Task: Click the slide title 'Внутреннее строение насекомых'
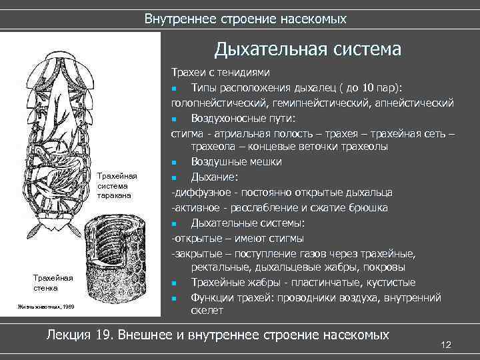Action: [245, 19]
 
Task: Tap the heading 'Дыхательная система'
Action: [307, 50]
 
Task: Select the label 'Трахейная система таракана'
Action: [117, 186]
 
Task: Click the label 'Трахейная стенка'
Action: [55, 283]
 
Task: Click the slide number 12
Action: [447, 344]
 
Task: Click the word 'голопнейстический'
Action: [217, 103]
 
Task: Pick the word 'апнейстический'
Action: [415, 103]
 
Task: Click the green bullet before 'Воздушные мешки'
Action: [174, 163]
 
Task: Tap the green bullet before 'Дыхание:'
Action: [174, 178]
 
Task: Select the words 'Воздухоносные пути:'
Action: [243, 118]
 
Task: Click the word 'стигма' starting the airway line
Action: [186, 133]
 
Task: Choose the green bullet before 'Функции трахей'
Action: [174, 298]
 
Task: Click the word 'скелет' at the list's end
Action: [207, 311]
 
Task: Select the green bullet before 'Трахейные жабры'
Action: [174, 283]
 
